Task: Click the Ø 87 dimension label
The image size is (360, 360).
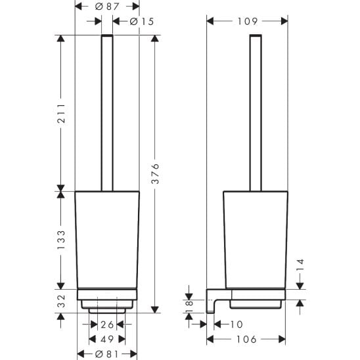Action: [x=107, y=7]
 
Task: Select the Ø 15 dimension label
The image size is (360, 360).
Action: [x=142, y=22]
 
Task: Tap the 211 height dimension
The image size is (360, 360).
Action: [x=61, y=114]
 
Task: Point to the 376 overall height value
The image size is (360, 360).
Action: [x=155, y=173]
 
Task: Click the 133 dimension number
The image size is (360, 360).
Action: [x=61, y=240]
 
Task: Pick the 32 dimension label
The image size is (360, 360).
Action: [x=61, y=302]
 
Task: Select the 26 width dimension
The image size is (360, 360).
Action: [x=107, y=325]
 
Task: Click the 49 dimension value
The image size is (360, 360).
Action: [x=107, y=339]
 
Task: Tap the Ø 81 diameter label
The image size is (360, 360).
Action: [x=107, y=354]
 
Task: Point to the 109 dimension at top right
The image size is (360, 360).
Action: [x=247, y=22]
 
